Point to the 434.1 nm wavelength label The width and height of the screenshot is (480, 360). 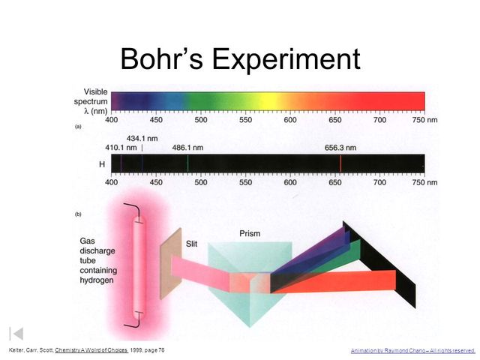click(x=142, y=138)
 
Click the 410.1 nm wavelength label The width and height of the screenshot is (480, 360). click(x=121, y=148)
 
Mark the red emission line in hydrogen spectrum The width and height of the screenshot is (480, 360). click(x=340, y=163)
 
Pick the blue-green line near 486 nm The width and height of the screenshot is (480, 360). click(x=187, y=163)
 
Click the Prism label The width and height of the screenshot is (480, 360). click(x=250, y=233)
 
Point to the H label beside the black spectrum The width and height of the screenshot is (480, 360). click(x=102, y=163)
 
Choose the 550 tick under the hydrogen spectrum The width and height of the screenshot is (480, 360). click(x=245, y=182)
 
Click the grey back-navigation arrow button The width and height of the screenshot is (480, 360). click(x=16, y=333)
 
